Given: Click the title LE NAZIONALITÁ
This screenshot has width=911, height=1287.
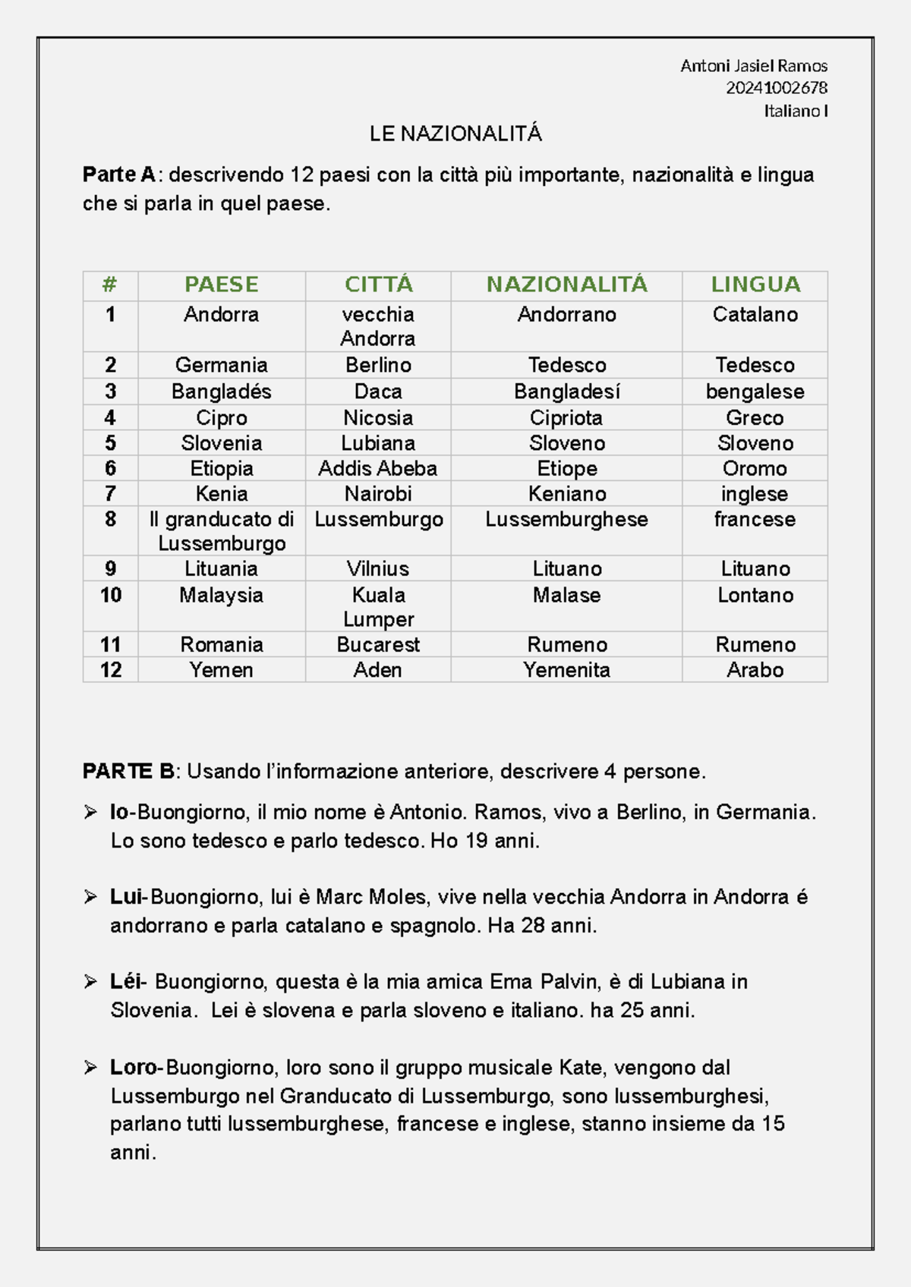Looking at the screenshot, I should tap(455, 134).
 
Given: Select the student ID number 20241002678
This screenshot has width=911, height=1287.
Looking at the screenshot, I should tap(776, 88).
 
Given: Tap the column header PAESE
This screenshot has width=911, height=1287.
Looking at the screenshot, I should tap(222, 285).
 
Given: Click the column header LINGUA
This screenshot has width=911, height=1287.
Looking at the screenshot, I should tap(755, 285).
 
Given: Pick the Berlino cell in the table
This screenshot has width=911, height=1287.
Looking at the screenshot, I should tap(378, 365).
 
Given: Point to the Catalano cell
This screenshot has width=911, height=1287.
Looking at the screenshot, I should tap(755, 314).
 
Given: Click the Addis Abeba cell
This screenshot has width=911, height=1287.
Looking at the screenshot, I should tap(378, 468).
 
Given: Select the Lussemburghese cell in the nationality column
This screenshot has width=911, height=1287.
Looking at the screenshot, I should tap(566, 519).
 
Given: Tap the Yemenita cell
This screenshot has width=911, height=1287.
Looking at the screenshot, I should tap(566, 670).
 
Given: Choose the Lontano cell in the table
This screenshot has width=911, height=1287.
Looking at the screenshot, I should tap(755, 595).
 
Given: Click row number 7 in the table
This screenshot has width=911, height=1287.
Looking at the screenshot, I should tap(111, 494).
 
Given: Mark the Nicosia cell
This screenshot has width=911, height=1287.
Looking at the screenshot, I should tap(378, 417).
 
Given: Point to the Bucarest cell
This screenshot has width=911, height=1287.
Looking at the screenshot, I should tap(378, 644).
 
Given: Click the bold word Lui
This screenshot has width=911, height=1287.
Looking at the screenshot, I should tap(127, 897).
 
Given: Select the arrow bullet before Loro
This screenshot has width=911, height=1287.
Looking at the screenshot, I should tap(90, 1068).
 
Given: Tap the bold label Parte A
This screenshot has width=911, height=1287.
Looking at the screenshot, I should tap(118, 175).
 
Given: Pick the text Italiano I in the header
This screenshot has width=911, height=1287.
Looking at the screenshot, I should tap(795, 111).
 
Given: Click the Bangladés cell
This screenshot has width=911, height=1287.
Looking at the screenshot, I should tap(222, 392).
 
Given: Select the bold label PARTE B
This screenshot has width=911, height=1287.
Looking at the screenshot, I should tap(128, 772).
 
